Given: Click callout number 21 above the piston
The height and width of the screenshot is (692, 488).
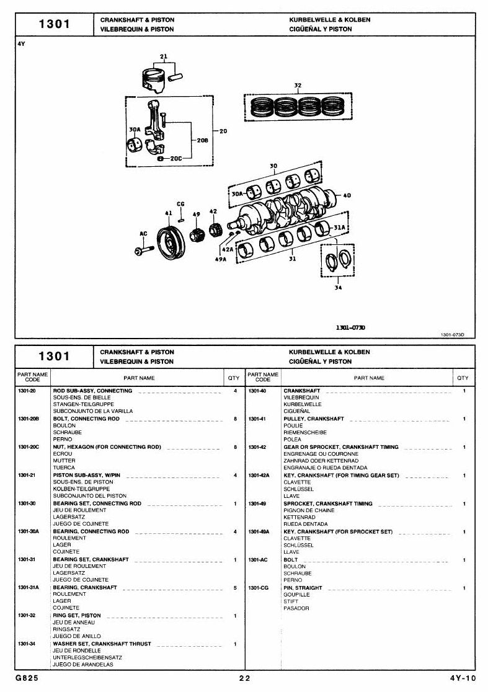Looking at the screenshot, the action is click(x=164, y=56).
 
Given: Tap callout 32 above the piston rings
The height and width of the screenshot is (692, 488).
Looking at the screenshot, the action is click(x=298, y=86).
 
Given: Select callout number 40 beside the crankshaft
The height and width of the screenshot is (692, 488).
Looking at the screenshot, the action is click(x=347, y=195).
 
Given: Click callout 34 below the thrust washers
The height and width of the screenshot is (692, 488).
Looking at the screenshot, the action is click(x=338, y=288).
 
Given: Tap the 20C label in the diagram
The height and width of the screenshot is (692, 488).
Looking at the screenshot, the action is click(x=175, y=158).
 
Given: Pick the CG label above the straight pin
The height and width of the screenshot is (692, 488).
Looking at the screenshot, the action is click(x=180, y=205).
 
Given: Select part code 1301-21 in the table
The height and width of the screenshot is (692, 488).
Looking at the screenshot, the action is click(x=27, y=476).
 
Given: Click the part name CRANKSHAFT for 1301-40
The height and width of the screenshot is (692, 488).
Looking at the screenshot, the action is click(x=302, y=391).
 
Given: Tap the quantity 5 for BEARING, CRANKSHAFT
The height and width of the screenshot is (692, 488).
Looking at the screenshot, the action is click(x=235, y=588).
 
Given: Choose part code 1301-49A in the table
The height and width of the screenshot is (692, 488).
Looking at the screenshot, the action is click(x=259, y=532).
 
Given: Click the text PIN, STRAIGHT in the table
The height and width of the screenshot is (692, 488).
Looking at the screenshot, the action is click(x=303, y=588).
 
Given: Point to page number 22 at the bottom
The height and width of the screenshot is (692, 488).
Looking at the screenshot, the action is click(x=244, y=678).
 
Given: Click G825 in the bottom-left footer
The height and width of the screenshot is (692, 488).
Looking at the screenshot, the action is click(x=27, y=678).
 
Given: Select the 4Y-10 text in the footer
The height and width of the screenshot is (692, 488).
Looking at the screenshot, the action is click(x=463, y=678).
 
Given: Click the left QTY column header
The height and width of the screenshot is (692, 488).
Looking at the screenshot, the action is click(x=233, y=378).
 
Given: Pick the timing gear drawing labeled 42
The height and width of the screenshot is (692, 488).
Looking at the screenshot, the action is click(x=215, y=231).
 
